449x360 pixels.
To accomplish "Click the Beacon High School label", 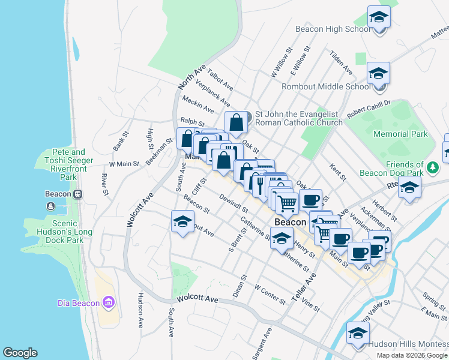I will pos(333,29).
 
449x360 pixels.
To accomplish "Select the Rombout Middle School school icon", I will pos(378,73).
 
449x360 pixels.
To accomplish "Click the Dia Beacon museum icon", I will pos(109,302).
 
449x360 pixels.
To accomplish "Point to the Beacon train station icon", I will pos(79,194).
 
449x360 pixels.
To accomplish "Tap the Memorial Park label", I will pos(400,134).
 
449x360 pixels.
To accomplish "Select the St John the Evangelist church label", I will pos(298,118).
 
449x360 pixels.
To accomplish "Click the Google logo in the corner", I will pos(20,353).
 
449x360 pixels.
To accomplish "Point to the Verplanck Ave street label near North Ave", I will pos(220,95).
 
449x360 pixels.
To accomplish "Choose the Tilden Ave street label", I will pos(341,62).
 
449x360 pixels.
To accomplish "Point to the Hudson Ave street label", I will pos(140,310).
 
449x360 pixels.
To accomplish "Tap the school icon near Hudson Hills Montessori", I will pos(357,333).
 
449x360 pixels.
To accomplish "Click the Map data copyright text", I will pos(411,355).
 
